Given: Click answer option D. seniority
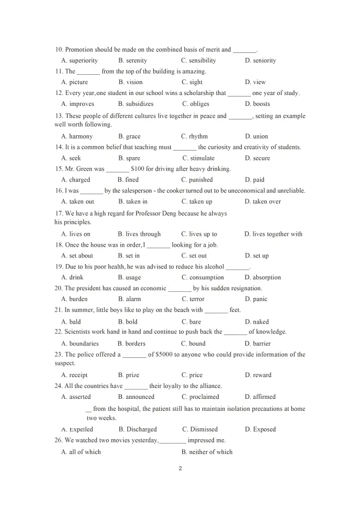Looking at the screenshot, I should [x=260, y=61].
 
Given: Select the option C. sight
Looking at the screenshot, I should [x=192, y=82].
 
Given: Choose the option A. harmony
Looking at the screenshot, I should [x=77, y=136].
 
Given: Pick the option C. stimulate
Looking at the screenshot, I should [x=199, y=158].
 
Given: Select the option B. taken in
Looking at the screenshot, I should [x=133, y=201].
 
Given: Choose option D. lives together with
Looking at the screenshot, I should [x=273, y=234].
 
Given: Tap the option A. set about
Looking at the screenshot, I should [x=77, y=255].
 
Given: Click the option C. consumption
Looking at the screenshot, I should [x=202, y=277].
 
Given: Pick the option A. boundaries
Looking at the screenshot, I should [x=80, y=344].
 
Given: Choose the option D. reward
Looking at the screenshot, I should [x=258, y=375].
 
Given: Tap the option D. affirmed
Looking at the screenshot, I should [x=260, y=397].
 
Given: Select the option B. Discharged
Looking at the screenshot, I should [x=137, y=429].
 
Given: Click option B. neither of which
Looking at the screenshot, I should [x=207, y=452].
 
